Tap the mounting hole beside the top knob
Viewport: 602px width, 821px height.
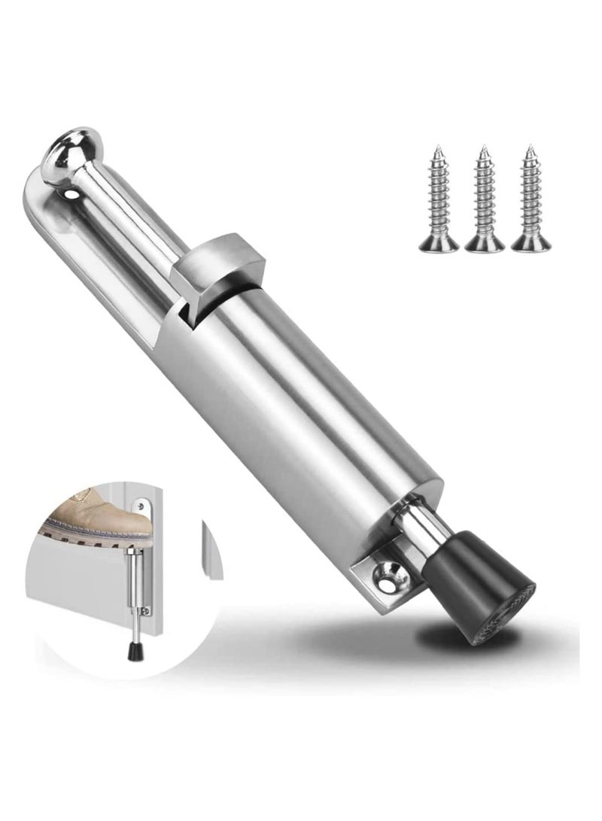pyautogui.click(x=73, y=193)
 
